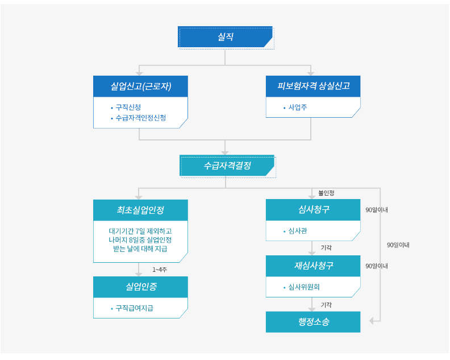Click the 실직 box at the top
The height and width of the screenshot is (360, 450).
(x=226, y=37)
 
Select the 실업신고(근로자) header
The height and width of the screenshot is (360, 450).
(x=140, y=86)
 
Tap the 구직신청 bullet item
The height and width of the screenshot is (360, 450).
(x=128, y=107)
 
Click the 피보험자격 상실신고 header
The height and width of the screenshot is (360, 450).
(x=313, y=86)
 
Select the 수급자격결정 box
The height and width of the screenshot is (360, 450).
(x=227, y=166)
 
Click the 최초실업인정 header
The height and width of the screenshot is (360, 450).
(x=140, y=210)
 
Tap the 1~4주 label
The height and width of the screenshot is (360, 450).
(x=160, y=270)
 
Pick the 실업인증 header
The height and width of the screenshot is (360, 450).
(x=140, y=287)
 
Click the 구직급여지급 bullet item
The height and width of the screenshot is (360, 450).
(x=134, y=308)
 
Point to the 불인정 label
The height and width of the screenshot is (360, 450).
(x=326, y=193)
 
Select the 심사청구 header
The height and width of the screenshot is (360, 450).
(x=313, y=210)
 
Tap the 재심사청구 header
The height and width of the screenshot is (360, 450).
(x=313, y=266)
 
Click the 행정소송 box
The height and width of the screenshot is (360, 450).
(x=313, y=322)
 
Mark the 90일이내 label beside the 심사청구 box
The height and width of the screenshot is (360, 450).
(x=376, y=210)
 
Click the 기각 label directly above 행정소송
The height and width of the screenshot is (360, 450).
(x=326, y=305)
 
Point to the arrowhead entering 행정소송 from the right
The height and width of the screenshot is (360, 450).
(x=372, y=321)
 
